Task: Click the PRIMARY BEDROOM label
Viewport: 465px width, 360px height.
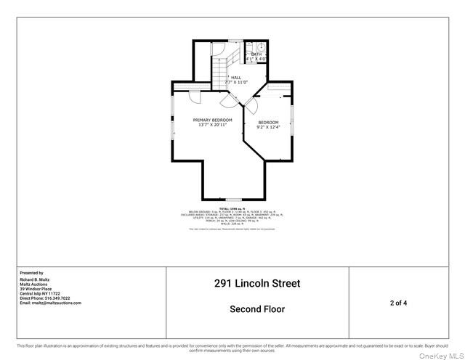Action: coord(212,120)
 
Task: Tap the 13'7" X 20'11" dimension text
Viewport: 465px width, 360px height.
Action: coord(212,125)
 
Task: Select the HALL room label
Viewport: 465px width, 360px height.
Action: coord(236,77)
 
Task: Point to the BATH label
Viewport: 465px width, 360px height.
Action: coord(256,54)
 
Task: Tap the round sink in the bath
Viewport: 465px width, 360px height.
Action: coord(266,46)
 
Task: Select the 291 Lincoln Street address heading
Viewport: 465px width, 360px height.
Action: coord(257,284)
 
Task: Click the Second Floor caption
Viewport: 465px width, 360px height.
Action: coord(257,309)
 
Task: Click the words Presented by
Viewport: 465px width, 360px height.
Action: coord(31,273)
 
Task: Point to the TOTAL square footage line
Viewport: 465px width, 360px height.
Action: coord(232,208)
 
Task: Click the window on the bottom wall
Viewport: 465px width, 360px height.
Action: coord(232,200)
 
